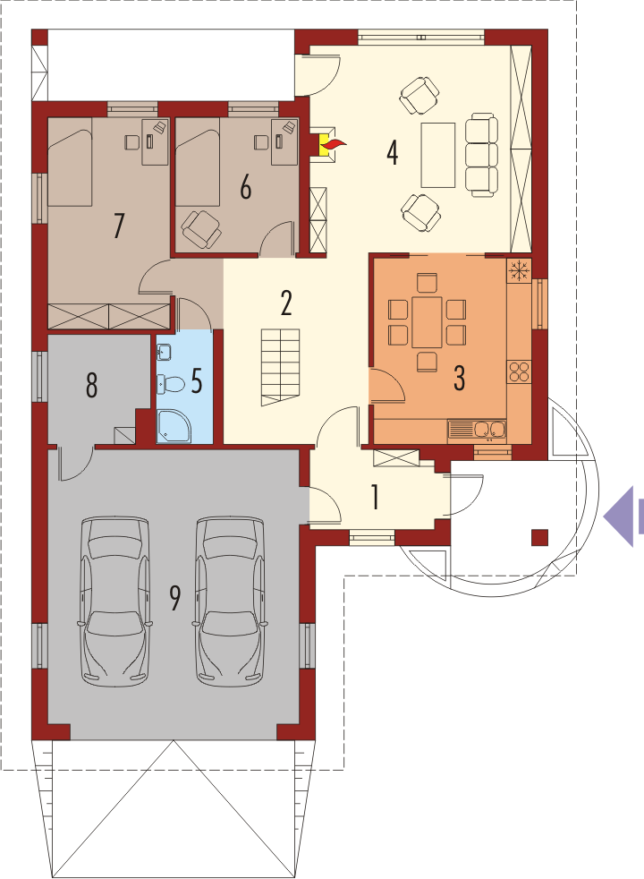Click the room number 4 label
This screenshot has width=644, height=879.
[393, 152]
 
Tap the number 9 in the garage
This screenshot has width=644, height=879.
[175, 598]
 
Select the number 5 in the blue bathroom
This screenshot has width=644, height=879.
[197, 380]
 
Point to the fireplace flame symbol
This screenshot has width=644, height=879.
[335, 145]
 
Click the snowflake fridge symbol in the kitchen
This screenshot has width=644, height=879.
[519, 271]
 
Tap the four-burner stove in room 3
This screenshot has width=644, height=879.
[519, 371]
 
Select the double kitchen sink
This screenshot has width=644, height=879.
[477, 430]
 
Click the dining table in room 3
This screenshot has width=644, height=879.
[428, 322]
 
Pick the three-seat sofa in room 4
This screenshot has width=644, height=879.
[481, 155]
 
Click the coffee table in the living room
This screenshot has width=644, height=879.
[438, 155]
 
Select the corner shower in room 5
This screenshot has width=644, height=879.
[174, 426]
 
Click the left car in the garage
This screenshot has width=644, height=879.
[115, 601]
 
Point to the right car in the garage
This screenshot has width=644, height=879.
[230, 601]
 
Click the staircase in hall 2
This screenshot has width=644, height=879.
[280, 367]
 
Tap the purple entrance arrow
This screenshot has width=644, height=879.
[623, 516]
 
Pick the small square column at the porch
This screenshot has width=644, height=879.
[540, 538]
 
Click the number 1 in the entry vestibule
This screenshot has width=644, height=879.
[375, 497]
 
